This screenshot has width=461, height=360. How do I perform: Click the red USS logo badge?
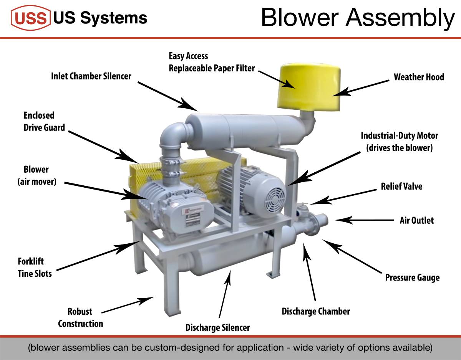[31, 18]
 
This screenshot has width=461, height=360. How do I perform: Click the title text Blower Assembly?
[357, 17]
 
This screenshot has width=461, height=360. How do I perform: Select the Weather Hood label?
[419, 77]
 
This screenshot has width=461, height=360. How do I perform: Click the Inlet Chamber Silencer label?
[91, 76]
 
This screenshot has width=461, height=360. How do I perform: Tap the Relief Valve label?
[401, 187]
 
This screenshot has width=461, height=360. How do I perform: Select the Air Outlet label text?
[416, 220]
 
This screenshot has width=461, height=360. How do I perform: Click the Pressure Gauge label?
[412, 277]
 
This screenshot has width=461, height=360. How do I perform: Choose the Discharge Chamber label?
[316, 311]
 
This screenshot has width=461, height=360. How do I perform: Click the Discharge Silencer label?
[217, 328]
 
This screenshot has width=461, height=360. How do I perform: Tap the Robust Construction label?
[80, 317]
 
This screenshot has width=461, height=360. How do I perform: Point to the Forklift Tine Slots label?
[35, 268]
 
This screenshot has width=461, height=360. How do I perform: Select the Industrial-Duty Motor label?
[399, 142]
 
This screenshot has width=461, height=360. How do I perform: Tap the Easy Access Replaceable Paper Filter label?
[212, 62]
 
